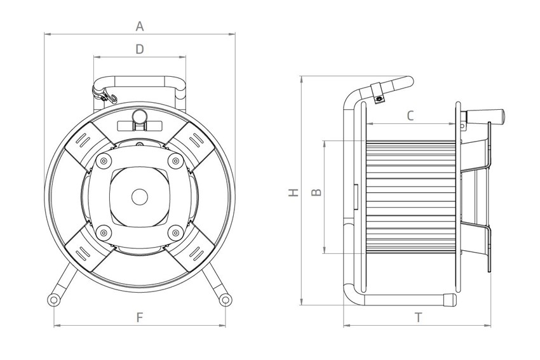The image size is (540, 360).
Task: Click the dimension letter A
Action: coord(140,26)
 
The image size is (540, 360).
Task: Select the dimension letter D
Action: coord(140,48)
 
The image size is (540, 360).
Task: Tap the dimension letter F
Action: coord(140,317)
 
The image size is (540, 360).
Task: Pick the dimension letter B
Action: coord(317,191)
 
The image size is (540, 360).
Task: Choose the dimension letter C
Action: coord(410,116)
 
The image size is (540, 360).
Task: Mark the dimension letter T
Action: coord(419,318)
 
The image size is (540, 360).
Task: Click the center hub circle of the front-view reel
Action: coord(139,197)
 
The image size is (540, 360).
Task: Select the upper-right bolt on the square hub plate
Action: coord(175,160)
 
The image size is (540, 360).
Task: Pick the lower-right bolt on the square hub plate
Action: coord(175,233)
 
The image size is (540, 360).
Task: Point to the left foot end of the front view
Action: coord(54,298)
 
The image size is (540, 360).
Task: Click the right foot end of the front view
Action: coord(225,298)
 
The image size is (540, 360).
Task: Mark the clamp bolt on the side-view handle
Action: coord(379,98)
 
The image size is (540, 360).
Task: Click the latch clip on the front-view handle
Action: coord(105,96)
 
